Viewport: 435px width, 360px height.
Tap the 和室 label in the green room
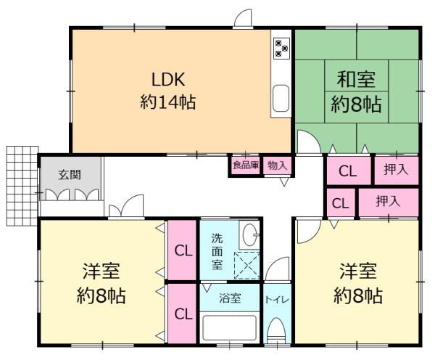pyautogui.click(x=357, y=78)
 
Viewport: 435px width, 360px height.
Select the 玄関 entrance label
pyautogui.click(x=70, y=174)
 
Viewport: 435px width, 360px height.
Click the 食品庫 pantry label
pyautogui.click(x=245, y=165)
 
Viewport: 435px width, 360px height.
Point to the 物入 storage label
pyautogui.click(x=277, y=165)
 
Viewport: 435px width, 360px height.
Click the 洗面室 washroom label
pyautogui.click(x=217, y=250)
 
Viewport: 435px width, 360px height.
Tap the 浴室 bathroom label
pyautogui.click(x=231, y=298)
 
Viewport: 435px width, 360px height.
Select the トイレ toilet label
pyautogui.click(x=275, y=298)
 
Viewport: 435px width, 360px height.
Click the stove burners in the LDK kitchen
pyautogui.click(x=281, y=48)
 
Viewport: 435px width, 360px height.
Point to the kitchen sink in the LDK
pyautogui.click(x=281, y=97)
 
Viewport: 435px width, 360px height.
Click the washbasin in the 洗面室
pyautogui.click(x=249, y=234)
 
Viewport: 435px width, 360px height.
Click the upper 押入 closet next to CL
pyautogui.click(x=397, y=171)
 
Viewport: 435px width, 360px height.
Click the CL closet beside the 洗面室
pyautogui.click(x=183, y=250)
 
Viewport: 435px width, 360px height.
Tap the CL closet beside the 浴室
pyautogui.click(x=183, y=314)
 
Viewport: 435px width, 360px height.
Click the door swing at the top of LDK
pyautogui.click(x=244, y=18)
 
